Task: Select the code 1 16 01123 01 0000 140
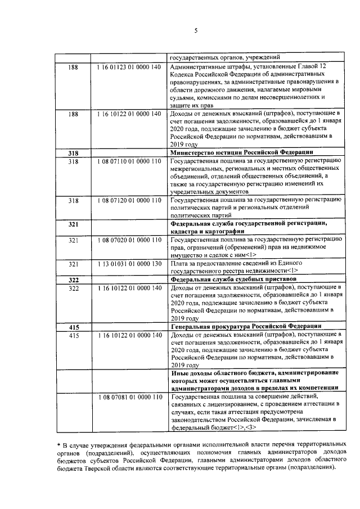tap(129, 67)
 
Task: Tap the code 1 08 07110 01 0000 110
tap(129, 161)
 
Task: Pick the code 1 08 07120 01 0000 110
tap(129, 200)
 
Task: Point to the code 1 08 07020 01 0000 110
tap(129, 240)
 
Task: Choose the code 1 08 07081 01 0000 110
tap(129, 397)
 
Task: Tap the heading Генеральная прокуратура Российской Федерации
tap(245, 327)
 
